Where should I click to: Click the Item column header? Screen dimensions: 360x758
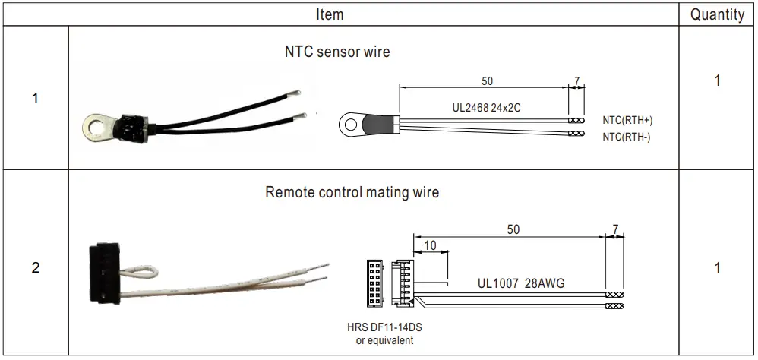(329, 14)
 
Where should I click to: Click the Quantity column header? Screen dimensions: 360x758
(717, 14)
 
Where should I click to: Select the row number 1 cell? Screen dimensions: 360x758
(35, 99)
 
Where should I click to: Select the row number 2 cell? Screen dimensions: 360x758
(35, 268)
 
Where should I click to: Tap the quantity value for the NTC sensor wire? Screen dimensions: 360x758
(717, 81)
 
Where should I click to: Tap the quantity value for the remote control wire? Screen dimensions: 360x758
(717, 268)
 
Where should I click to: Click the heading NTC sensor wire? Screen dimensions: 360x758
(337, 52)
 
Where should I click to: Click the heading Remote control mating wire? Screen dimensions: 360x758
(352, 192)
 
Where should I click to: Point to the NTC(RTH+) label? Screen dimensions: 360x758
(627, 121)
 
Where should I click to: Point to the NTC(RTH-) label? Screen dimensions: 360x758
(627, 137)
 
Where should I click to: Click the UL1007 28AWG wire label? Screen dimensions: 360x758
(520, 283)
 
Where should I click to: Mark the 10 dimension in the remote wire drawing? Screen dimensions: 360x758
(430, 245)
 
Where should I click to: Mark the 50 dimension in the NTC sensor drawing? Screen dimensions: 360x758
(486, 81)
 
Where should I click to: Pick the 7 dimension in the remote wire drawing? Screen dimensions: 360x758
(615, 229)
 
